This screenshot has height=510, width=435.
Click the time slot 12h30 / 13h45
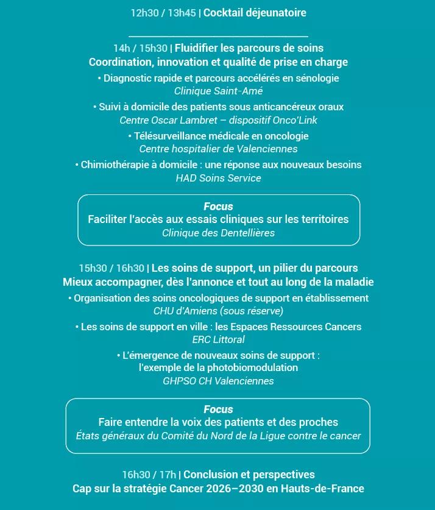pos(163,13)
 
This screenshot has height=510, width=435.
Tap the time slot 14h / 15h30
pos(140,48)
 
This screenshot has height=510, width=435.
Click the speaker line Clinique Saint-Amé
pos(218,91)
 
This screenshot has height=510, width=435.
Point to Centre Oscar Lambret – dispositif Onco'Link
pos(218,120)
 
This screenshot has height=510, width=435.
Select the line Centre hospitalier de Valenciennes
pos(218,149)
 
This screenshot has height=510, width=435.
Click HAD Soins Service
pos(218,178)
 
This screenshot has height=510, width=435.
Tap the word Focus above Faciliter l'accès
pos(218,207)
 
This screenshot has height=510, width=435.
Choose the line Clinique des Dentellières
pos(218,233)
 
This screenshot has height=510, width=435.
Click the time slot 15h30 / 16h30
pos(111,268)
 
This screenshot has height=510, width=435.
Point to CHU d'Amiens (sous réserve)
pos(218,311)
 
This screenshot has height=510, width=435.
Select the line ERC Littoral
pos(218,339)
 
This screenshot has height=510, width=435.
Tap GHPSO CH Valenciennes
pos(218,381)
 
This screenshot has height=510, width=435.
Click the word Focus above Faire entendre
pos(218,409)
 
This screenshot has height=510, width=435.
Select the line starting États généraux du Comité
pos(218,436)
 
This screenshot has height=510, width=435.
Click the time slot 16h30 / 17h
pos(149,475)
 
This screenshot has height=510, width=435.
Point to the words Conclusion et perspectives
pos(249,475)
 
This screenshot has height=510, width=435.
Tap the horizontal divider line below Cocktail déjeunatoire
pos(218,37)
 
